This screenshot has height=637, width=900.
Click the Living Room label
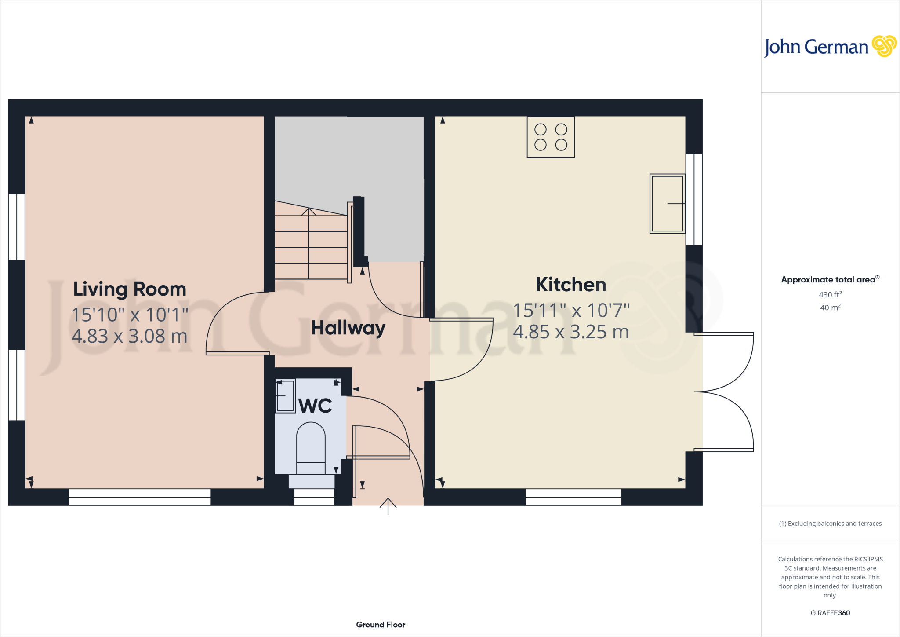pos(130,289)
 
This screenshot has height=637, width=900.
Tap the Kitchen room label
pos(571,285)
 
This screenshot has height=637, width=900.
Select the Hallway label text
pos(348,328)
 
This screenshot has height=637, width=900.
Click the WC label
pos(315,406)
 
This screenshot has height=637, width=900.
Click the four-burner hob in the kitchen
pos(551,137)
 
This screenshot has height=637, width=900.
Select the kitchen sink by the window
pos(667,203)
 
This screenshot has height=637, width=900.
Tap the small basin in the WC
pos(285,396)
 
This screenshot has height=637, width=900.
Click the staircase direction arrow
pos(309,212)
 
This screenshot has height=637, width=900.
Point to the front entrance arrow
pos(388,506)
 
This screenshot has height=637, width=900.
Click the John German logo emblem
pos(884,46)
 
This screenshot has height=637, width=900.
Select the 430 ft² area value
pos(830,295)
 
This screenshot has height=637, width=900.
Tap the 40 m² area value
pos(830,308)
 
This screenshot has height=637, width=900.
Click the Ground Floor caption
pos(381,625)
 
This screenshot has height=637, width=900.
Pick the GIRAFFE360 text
pos(830,613)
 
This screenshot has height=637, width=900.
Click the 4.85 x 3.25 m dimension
pos(571,332)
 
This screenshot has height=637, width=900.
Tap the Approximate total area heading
pos(828,280)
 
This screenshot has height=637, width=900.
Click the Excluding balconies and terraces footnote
pos(830,524)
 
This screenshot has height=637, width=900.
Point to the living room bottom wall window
pos(140,497)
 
